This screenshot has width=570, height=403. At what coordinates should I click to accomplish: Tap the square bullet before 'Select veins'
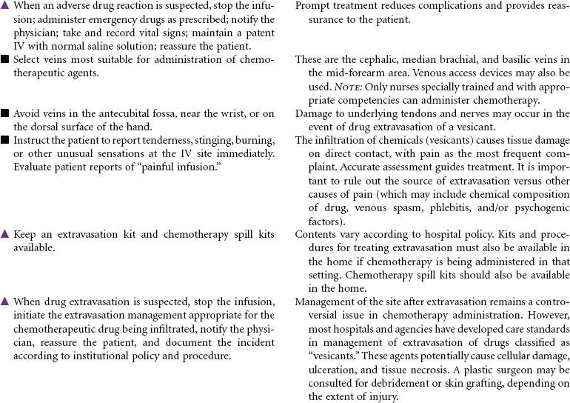point(5,59)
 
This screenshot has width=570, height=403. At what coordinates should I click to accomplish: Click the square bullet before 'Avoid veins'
point(5,113)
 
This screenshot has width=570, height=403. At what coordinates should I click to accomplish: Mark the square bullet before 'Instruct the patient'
point(5,140)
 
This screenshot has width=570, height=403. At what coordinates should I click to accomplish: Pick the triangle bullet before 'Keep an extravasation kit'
point(5,234)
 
